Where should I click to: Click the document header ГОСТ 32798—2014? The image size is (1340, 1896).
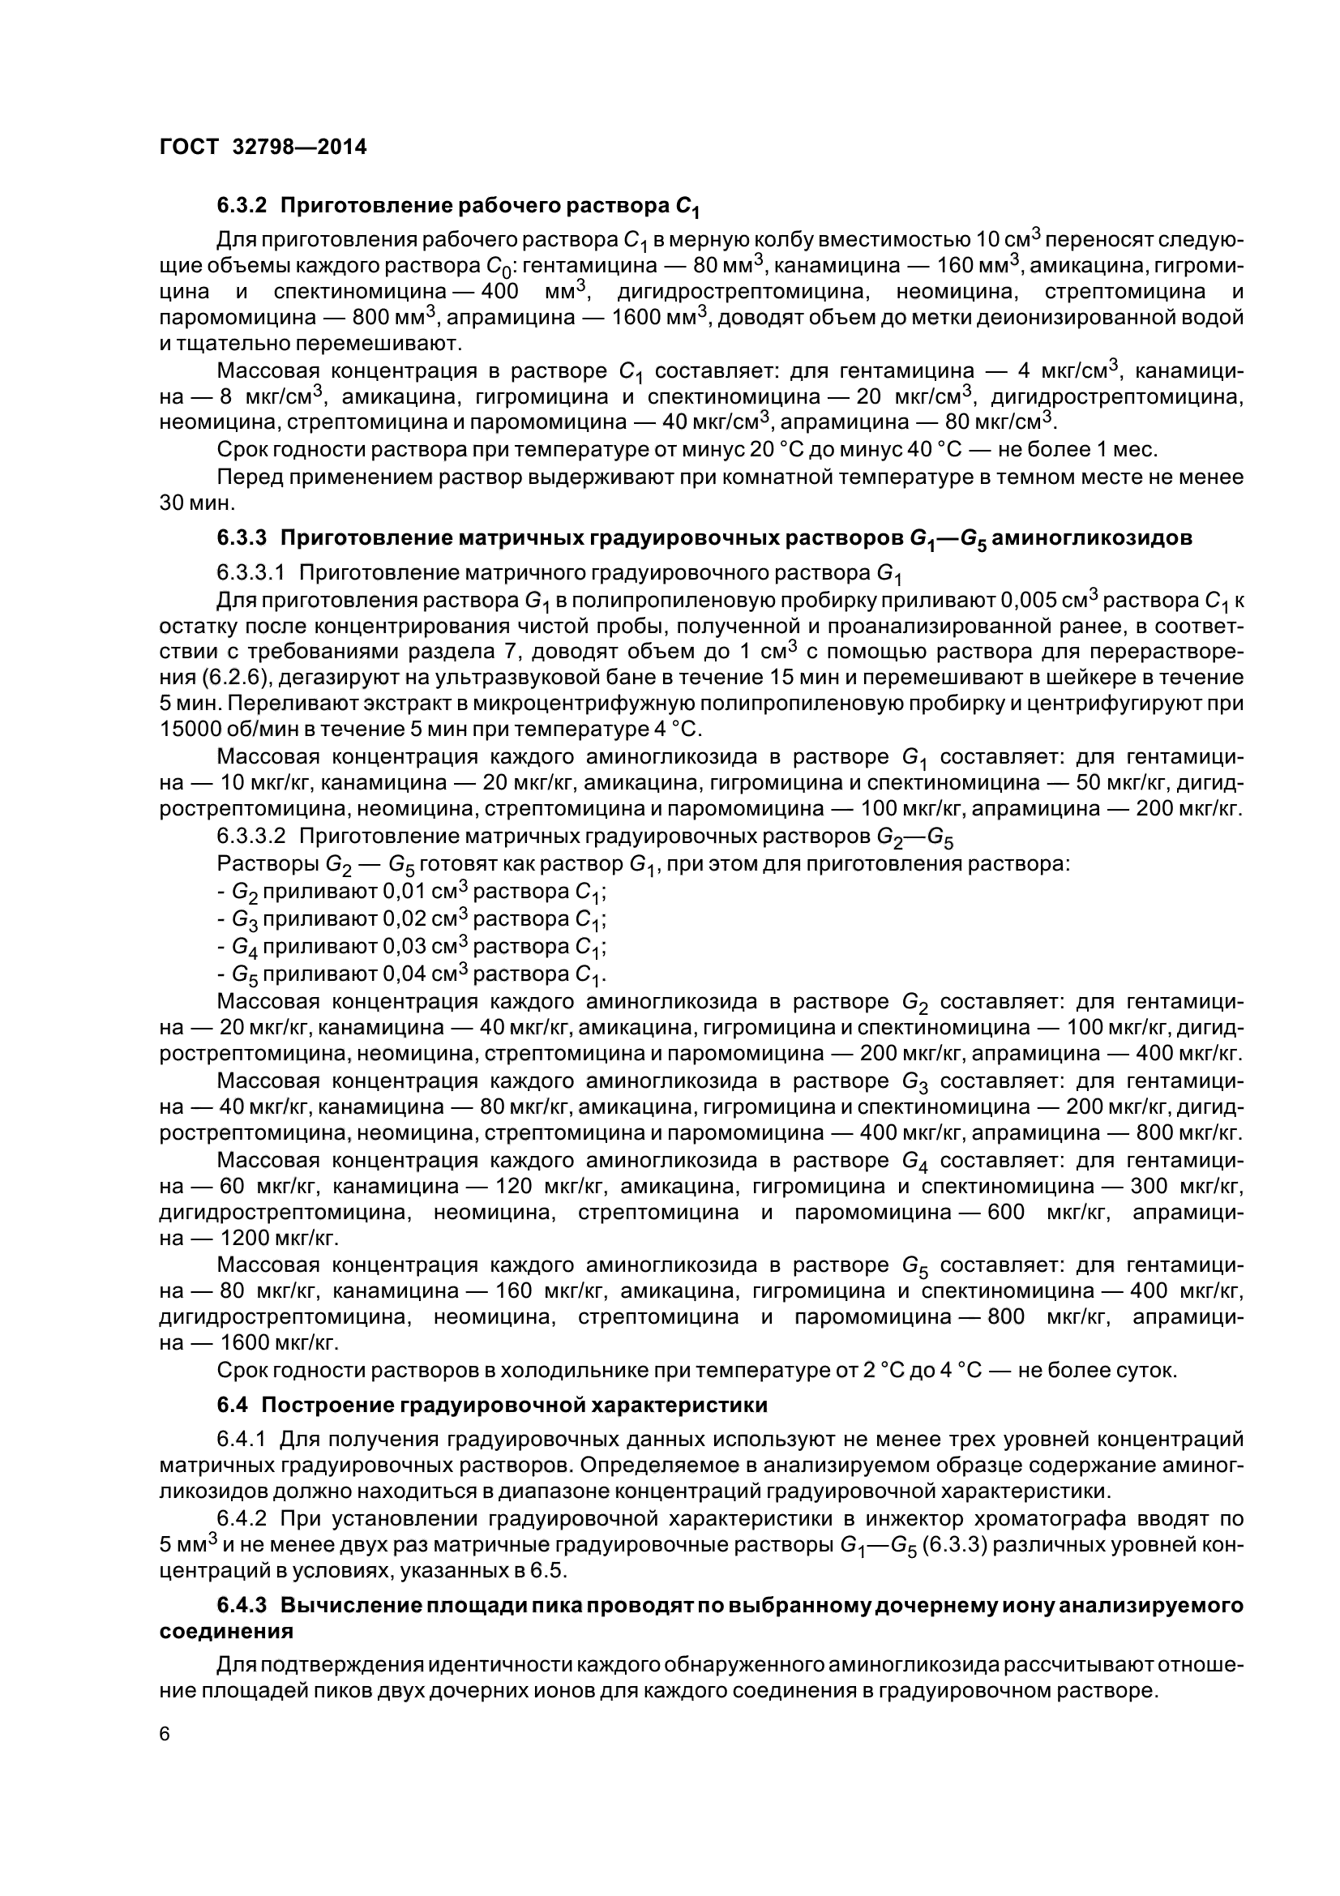tap(263, 147)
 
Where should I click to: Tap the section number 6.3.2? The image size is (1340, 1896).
tap(242, 204)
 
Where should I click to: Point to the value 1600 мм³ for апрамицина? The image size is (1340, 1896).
tap(657, 318)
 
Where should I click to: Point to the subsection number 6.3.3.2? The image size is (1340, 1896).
tap(251, 837)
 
